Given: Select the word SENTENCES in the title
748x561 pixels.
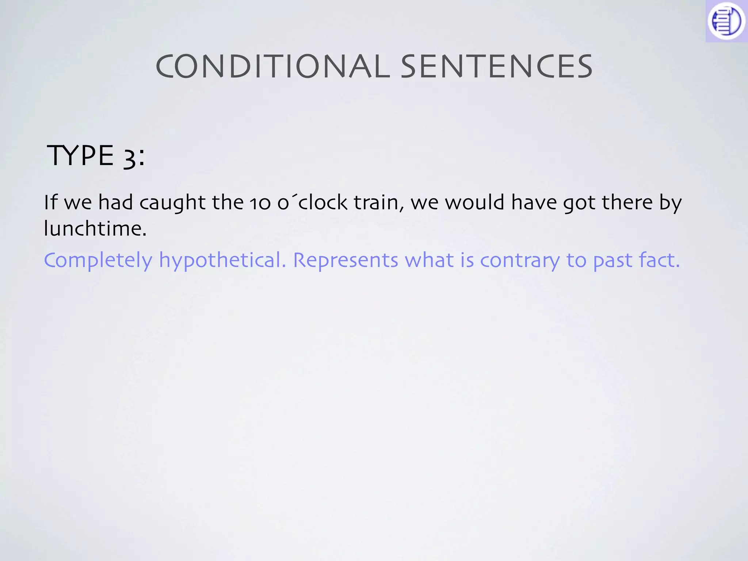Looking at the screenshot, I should [496, 66].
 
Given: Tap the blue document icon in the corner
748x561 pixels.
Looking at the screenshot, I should [726, 21].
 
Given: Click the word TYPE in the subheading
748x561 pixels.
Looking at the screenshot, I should [80, 156].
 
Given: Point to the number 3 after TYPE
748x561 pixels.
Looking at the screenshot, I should [129, 157].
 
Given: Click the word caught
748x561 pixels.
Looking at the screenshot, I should [172, 203].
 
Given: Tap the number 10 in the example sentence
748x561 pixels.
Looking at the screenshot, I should [260, 203].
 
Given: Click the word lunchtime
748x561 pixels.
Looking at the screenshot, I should [95, 229].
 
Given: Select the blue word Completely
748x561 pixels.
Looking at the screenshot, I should [98, 260].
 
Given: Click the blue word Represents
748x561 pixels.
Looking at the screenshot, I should [346, 260].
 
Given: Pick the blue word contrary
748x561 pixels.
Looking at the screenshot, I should [520, 260].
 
